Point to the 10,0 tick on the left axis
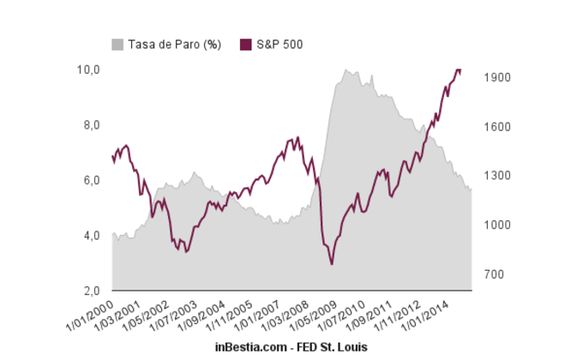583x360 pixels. click(x=88, y=69)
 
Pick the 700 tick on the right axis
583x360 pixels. click(x=498, y=274)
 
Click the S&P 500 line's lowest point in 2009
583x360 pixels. click(x=332, y=265)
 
